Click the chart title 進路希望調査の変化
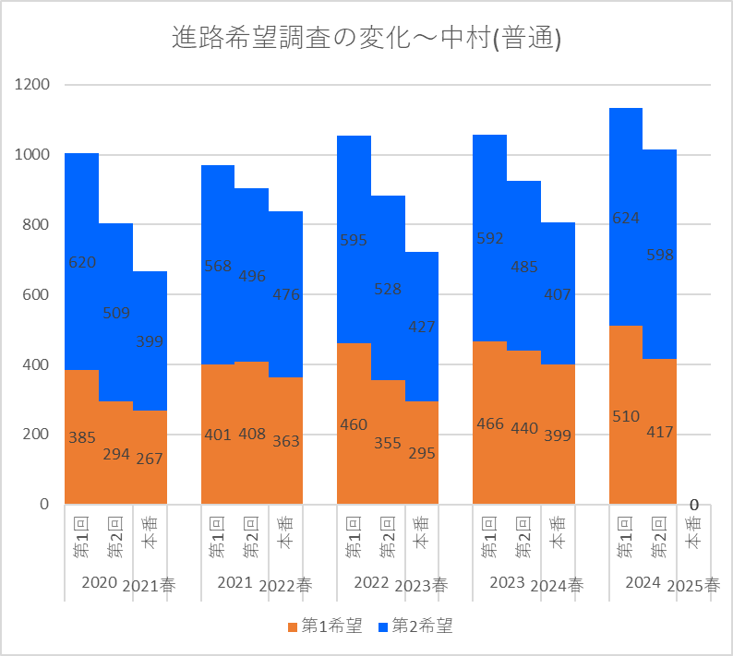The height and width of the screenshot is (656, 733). (x=366, y=38)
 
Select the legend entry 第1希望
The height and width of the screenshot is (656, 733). (x=326, y=626)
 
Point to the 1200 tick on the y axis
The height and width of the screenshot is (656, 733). (x=32, y=85)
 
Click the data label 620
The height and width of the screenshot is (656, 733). (x=82, y=262)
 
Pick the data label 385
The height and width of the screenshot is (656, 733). (x=82, y=437)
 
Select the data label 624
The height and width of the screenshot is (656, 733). (x=626, y=218)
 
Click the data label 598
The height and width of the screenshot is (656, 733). (x=660, y=255)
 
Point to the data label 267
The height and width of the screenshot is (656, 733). (x=150, y=459)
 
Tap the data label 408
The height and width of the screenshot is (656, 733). (x=252, y=434)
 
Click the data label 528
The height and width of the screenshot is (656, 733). (x=388, y=289)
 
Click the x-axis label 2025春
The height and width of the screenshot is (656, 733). (x=692, y=585)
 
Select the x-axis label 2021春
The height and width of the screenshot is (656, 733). (x=149, y=585)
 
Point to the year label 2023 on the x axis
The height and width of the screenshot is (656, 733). (x=507, y=582)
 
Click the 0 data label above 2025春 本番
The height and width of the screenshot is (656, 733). (x=694, y=505)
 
